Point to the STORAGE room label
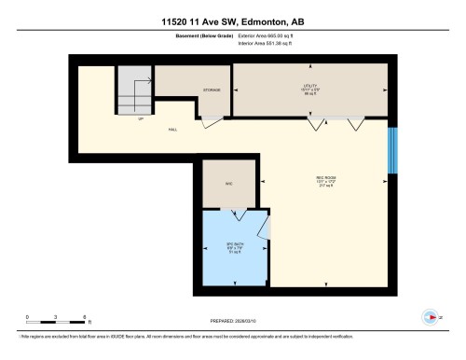[212, 90]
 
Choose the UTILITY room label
[308, 88]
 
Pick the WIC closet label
[227, 184]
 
